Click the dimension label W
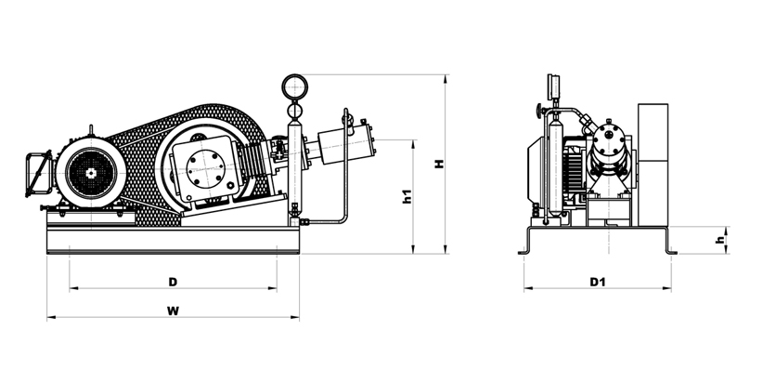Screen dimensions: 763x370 pyautogui.click(x=173, y=311)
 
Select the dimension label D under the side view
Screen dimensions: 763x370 pyautogui.click(x=173, y=282)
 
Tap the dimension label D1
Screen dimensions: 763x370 pyautogui.click(x=597, y=282)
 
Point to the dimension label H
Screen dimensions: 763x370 pyautogui.click(x=439, y=164)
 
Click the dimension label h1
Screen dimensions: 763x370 pyautogui.click(x=407, y=196)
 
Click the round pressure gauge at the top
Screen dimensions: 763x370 pyautogui.click(x=294, y=86)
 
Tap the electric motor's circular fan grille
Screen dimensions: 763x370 pyautogui.click(x=91, y=173)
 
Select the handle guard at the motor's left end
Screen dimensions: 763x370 pyautogui.click(x=38, y=174)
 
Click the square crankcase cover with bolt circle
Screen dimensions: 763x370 pyautogui.click(x=205, y=168)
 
